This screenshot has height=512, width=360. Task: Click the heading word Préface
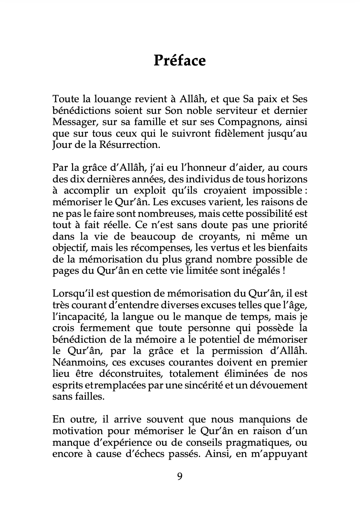tap(180, 61)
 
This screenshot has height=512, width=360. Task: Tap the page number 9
tap(180, 476)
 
